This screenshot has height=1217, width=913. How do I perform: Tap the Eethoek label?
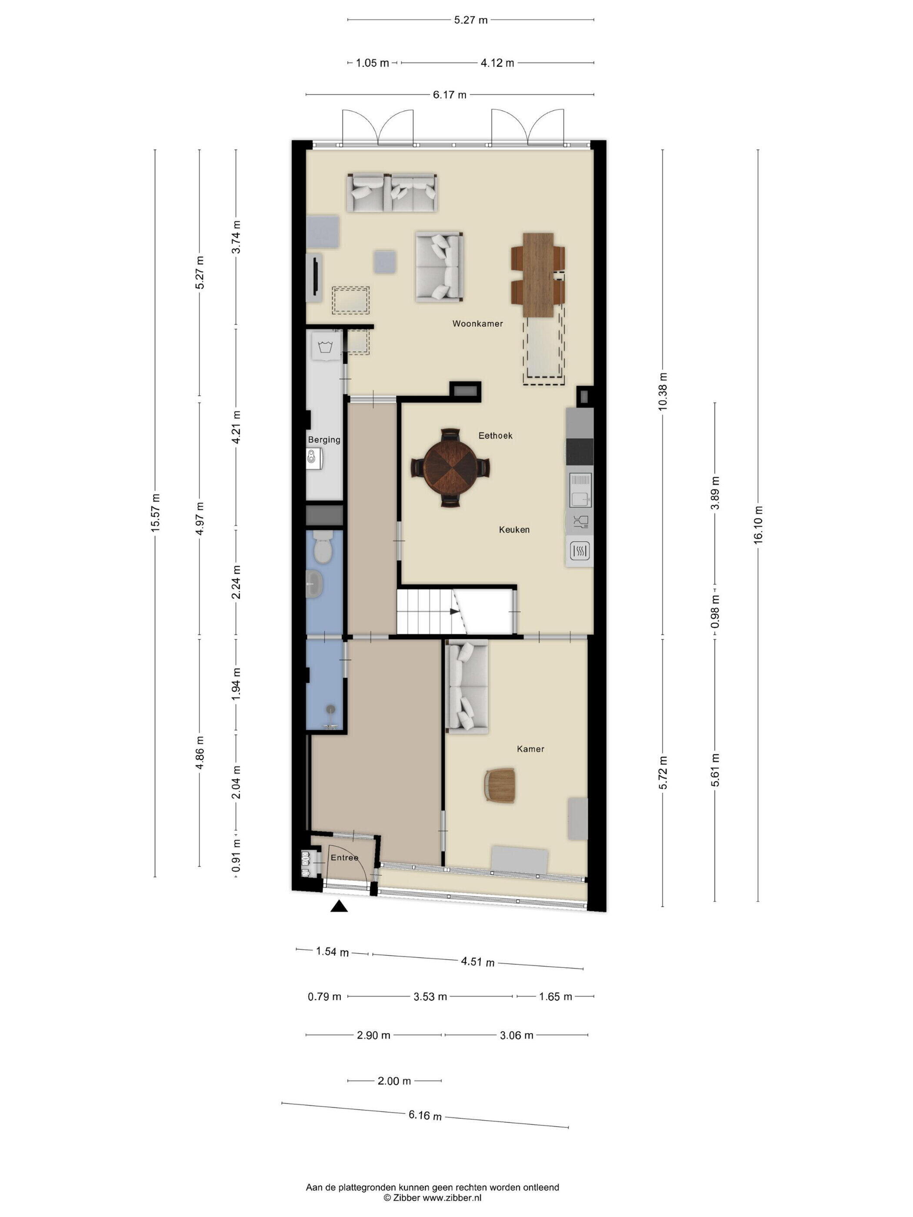(x=495, y=436)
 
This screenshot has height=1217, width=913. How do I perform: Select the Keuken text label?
(x=514, y=530)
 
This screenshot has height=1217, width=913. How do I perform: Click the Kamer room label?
(x=530, y=749)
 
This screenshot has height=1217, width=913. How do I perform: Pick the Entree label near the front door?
(x=344, y=858)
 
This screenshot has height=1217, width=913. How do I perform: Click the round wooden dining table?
(x=451, y=468)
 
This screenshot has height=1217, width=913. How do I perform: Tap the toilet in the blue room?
(x=321, y=547)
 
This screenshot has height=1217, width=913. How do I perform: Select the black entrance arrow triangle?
(x=339, y=906)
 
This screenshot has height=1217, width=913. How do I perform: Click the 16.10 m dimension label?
(x=758, y=525)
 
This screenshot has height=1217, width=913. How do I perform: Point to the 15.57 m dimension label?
(x=155, y=513)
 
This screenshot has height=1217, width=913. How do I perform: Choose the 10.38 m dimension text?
(x=663, y=391)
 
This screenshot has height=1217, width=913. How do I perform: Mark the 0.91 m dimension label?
(x=236, y=855)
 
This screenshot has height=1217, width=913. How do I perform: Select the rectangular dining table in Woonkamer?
(x=538, y=275)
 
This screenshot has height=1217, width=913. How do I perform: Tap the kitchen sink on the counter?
(x=580, y=490)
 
